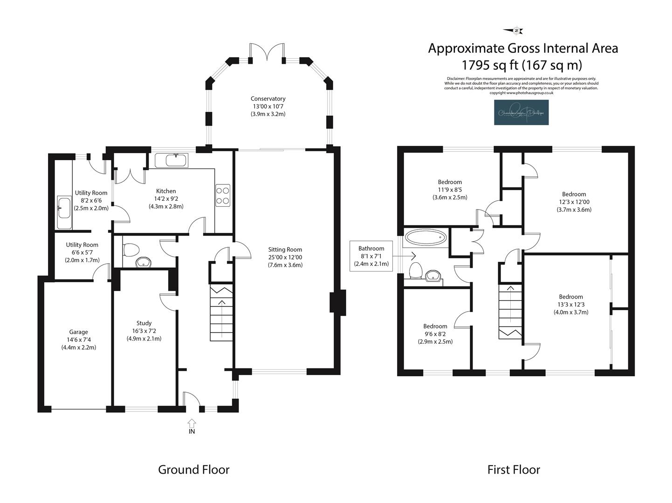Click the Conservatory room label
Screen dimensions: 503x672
tap(268, 99)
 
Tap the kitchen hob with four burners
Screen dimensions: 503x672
tap(222, 196)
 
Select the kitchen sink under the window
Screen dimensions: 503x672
tap(171, 161)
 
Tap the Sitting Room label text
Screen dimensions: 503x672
tap(285, 250)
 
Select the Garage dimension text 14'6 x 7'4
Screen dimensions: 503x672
tap(78, 340)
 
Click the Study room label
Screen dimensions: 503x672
tap(144, 323)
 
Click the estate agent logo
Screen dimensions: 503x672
tap(521, 113)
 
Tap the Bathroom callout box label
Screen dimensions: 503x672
tap(371, 249)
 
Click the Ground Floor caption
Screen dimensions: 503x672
tap(194, 469)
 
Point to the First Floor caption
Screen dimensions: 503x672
tap(514, 469)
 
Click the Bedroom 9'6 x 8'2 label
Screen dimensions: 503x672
tap(435, 326)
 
